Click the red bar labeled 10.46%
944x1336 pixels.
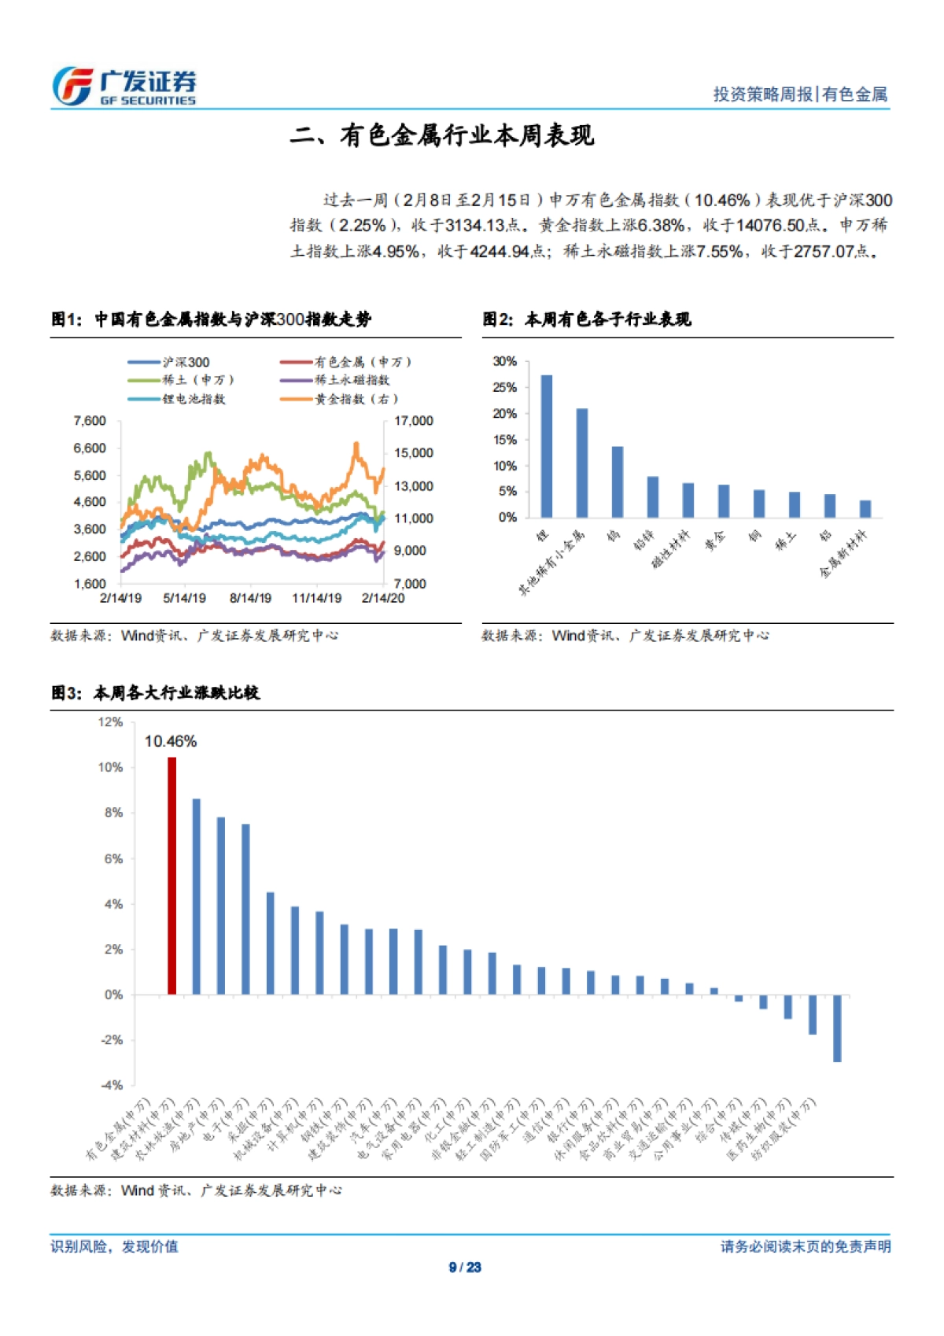pyautogui.click(x=171, y=875)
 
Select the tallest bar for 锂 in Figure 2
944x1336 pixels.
pyautogui.click(x=546, y=446)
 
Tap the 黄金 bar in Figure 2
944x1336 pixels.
pyautogui.click(x=724, y=501)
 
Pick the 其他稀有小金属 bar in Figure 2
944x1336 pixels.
pyautogui.click(x=582, y=463)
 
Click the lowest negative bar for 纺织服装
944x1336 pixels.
pyautogui.click(x=837, y=1028)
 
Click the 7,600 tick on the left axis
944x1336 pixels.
pyautogui.click(x=90, y=421)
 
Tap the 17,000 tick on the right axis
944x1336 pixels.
pyautogui.click(x=414, y=421)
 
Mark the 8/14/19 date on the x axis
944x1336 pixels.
pyautogui.click(x=250, y=598)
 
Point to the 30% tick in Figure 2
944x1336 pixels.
pyautogui.click(x=504, y=361)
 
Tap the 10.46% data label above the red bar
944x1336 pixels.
pyautogui.click(x=171, y=741)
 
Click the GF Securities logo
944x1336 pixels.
pyautogui.click(x=124, y=87)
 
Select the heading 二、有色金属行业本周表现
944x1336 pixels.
pyautogui.click(x=442, y=135)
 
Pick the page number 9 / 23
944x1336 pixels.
pyautogui.click(x=465, y=1267)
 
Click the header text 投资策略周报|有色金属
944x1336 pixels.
pyautogui.click(x=799, y=94)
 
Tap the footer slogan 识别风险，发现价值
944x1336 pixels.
pyautogui.click(x=115, y=1246)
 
